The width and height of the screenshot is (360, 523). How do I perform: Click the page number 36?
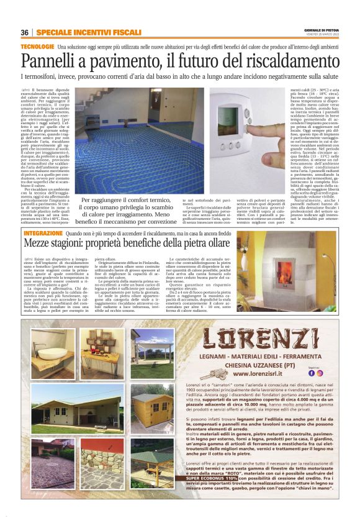[x=25, y=32]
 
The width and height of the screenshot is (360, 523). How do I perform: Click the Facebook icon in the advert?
[x=320, y=373]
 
